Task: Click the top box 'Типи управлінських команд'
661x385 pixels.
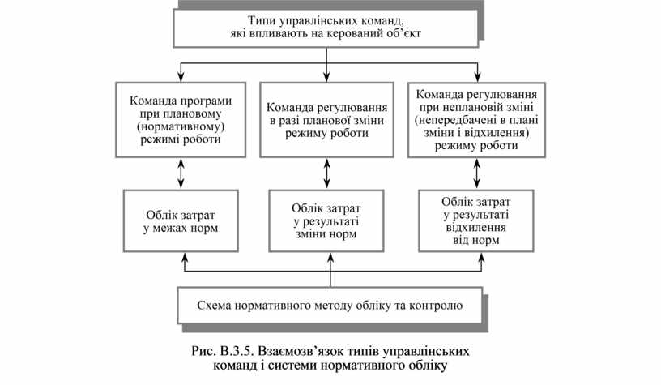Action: tap(326, 28)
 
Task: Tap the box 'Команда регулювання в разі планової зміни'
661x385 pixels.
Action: tap(326, 119)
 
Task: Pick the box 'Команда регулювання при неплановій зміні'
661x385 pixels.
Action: tap(474, 119)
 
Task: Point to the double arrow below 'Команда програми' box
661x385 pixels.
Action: tap(180, 173)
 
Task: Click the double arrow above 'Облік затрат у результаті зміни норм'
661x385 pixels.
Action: tap(326, 173)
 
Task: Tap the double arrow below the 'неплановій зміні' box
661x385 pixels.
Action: tap(474, 173)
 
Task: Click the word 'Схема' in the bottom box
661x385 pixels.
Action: tap(214, 306)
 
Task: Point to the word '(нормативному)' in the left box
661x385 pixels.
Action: tap(180, 126)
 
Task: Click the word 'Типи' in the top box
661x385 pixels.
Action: tap(263, 21)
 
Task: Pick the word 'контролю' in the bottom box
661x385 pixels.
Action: tap(437, 306)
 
